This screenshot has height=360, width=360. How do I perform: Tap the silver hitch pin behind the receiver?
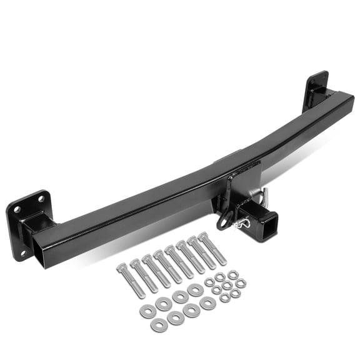[265, 195]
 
